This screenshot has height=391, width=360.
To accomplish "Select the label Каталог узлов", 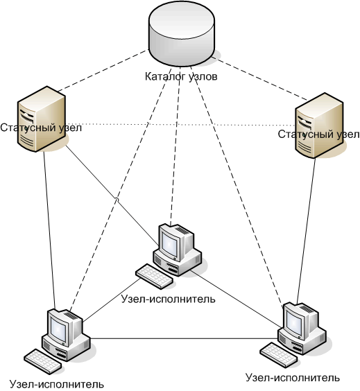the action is coord(181,76).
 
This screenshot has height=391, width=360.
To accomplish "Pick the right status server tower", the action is coord(319,125).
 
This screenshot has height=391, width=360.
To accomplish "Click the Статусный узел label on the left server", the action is coord(41,128).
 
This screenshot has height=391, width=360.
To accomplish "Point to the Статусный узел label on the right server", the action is coord(319,134).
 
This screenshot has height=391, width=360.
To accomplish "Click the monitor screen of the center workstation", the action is coord(169,242).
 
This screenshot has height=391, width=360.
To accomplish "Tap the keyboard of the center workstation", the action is coord(154,277).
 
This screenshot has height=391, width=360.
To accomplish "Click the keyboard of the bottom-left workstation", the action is coord(43,361).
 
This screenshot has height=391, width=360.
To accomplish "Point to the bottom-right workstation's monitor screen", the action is coord(294,320).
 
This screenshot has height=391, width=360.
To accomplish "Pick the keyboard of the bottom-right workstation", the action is coord(279,354).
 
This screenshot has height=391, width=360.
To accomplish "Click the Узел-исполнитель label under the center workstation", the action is coord(168,299).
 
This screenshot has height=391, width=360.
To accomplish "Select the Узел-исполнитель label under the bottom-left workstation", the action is coord(57,384).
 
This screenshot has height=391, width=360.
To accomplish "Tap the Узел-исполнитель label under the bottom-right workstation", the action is coord(293,378).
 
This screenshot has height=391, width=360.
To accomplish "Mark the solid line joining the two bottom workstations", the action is coord(184,338).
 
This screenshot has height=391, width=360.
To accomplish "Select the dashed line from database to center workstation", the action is coord(175,145).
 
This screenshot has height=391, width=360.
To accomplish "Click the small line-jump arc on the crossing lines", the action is coord(116,200).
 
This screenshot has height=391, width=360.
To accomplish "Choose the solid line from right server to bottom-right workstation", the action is coord(306,231).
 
